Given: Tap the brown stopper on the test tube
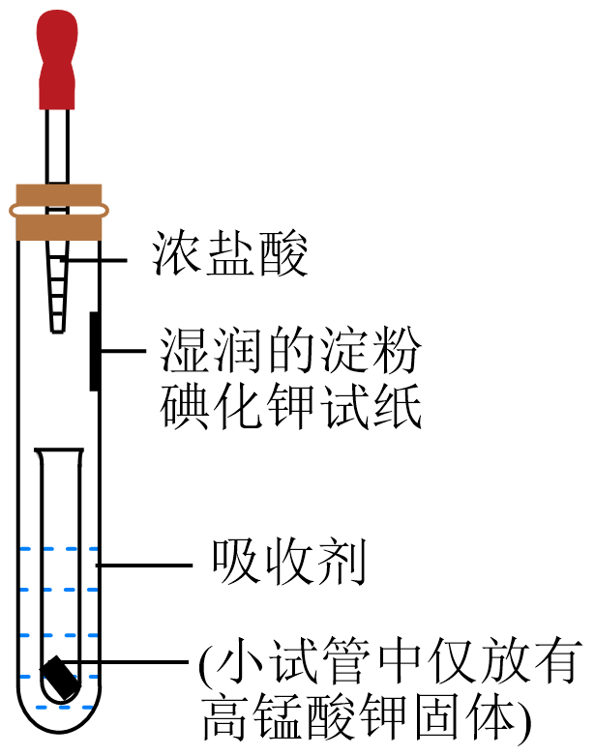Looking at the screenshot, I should coord(58,211).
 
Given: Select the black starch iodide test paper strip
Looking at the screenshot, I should coord(95,350).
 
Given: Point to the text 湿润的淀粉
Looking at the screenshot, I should coord(290,353).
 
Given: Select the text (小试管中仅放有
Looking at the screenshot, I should coord(391,662).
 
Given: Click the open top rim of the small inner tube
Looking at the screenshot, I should coord(59,450).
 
